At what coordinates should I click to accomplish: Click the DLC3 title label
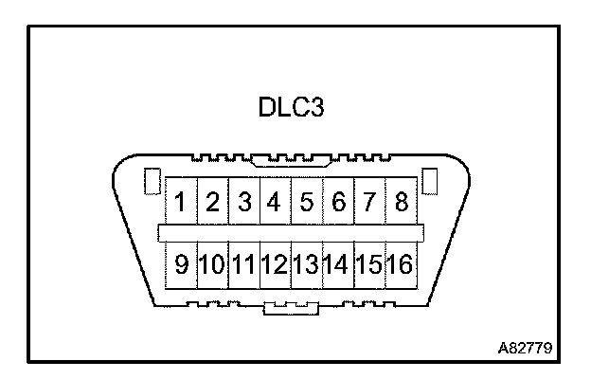(292, 107)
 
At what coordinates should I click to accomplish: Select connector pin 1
(180, 202)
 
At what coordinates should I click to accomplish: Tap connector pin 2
(213, 202)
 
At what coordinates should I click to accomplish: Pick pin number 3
(244, 202)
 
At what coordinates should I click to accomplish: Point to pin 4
(275, 202)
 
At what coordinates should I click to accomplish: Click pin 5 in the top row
(307, 202)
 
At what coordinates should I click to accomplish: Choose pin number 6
(338, 202)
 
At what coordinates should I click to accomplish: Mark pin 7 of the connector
(369, 202)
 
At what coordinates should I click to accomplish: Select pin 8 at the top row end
(401, 202)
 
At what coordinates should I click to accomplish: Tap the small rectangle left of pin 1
(150, 181)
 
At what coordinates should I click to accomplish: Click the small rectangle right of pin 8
(428, 180)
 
